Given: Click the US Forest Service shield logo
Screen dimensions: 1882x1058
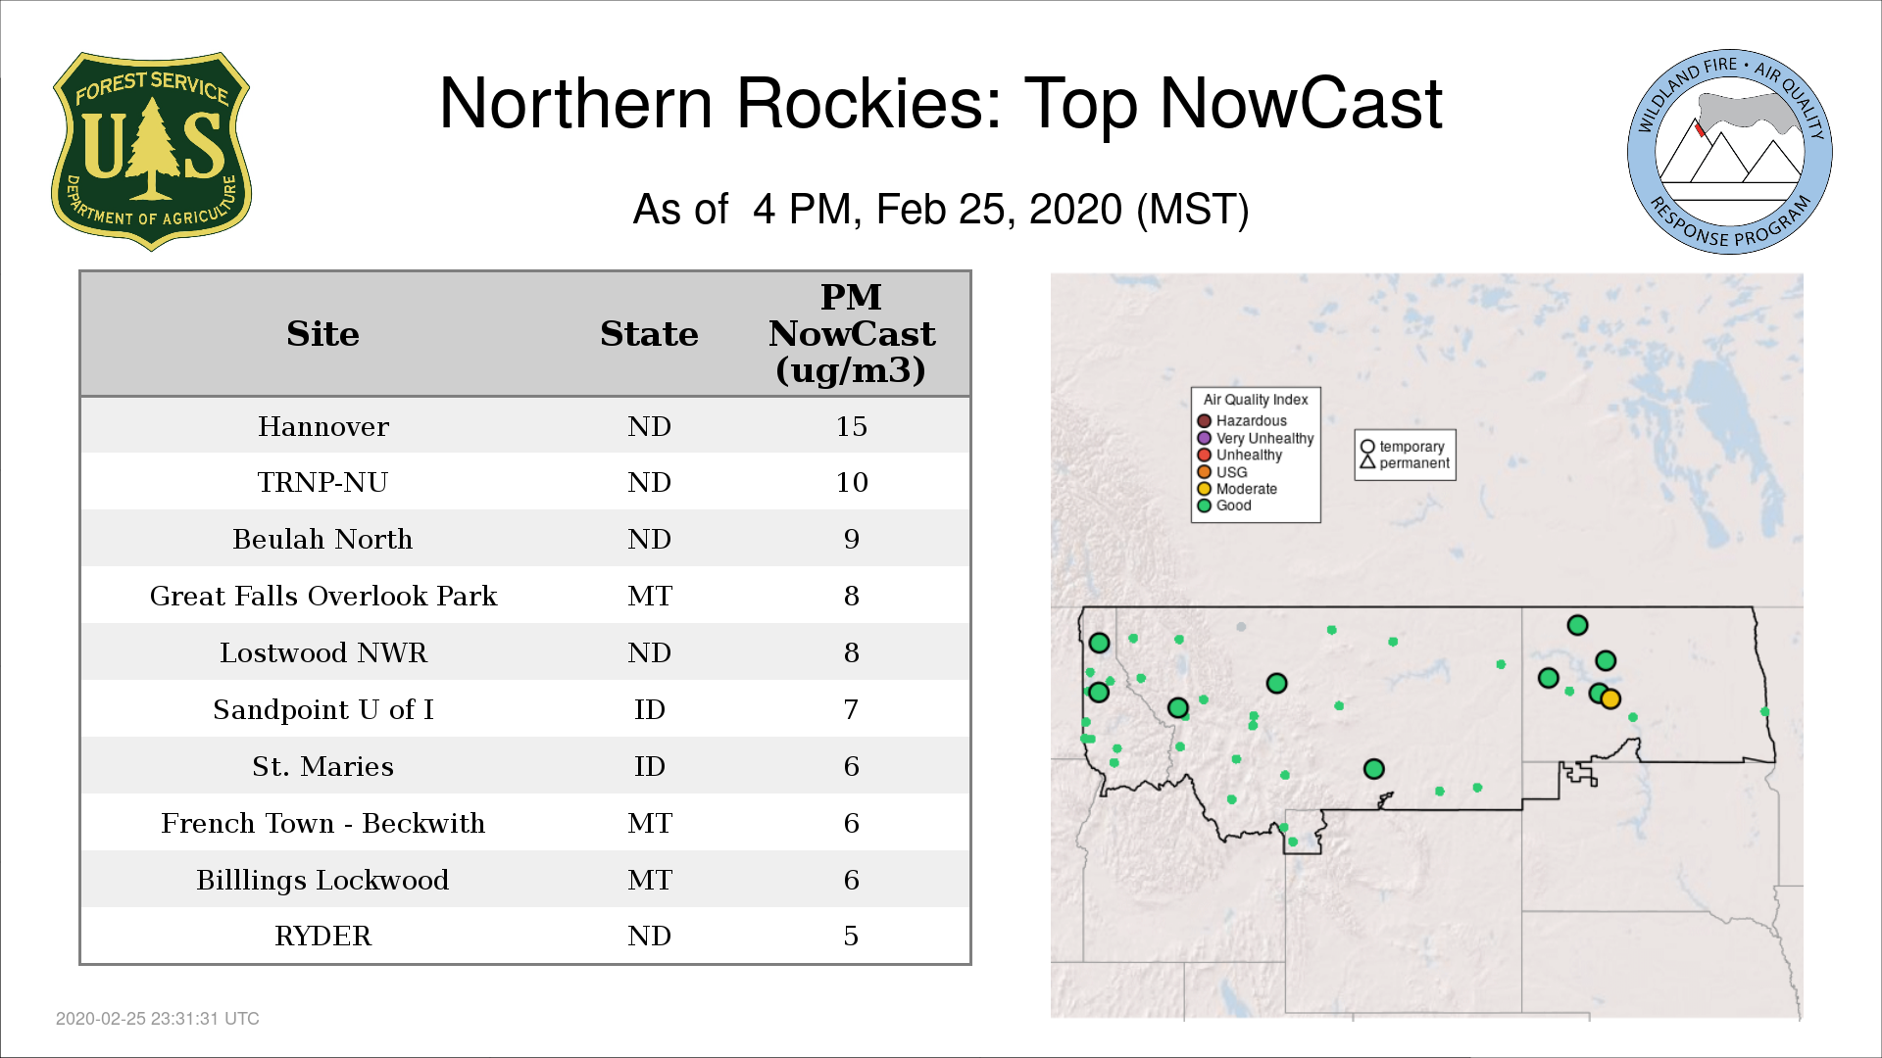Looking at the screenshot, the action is (x=151, y=151).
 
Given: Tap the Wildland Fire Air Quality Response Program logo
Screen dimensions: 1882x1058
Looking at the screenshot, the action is (x=1730, y=152).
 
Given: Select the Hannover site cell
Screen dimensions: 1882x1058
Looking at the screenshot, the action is (x=323, y=426).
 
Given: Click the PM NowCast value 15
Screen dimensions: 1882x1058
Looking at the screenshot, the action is (x=851, y=426).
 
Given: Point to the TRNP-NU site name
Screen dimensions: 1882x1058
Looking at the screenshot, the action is (x=322, y=482).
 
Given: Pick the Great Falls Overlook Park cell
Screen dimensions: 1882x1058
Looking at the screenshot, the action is (x=323, y=596).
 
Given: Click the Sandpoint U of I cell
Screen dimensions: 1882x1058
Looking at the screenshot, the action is (x=323, y=709).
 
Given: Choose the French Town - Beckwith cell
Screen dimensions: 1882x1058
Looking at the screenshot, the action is (x=323, y=823).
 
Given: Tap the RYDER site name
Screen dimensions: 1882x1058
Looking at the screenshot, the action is (x=322, y=937).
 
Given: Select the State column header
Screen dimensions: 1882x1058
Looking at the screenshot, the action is (x=649, y=334).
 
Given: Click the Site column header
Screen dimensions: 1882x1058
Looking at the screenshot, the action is (x=322, y=334).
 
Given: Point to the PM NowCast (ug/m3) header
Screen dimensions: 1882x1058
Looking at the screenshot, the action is (x=851, y=333).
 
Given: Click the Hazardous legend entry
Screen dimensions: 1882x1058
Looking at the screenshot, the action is (x=1242, y=421).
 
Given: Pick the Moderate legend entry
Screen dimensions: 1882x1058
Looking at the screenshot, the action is (x=1237, y=489).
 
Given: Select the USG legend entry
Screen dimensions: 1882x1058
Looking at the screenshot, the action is (x=1222, y=472).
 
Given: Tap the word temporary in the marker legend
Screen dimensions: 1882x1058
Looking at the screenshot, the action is (x=1411, y=447).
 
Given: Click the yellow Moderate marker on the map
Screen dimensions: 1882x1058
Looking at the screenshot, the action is (x=1610, y=699).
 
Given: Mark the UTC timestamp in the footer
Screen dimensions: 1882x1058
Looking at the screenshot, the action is (x=158, y=1019).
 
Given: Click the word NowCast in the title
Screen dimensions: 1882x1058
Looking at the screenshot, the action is (x=1302, y=104).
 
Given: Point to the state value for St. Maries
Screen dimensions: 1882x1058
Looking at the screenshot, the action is (x=649, y=766).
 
